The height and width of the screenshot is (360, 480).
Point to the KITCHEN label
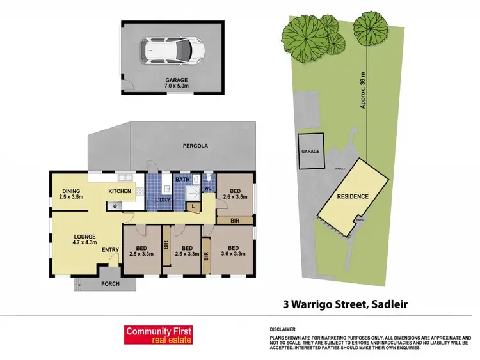[x=120, y=191]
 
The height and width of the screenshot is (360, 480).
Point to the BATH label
[x=183, y=180]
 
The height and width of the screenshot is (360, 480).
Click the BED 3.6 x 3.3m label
[x=233, y=251]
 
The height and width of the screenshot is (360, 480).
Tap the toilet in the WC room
[x=209, y=179]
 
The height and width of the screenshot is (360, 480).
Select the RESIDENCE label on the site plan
[x=353, y=197]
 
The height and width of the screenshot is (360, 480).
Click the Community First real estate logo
[x=157, y=335]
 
